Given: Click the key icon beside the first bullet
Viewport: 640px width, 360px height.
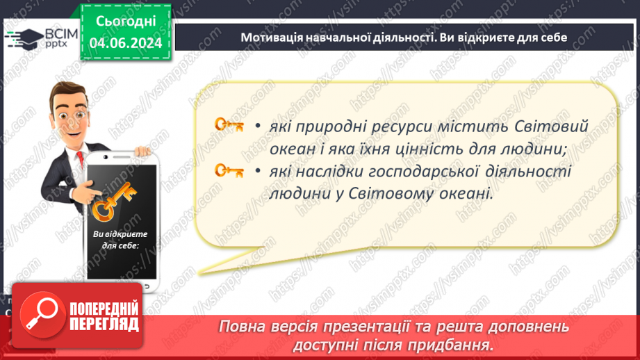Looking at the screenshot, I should [229, 125].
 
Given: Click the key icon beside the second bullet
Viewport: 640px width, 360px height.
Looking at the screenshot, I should [229, 170].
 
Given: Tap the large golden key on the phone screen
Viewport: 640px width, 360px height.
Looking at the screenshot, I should [115, 201].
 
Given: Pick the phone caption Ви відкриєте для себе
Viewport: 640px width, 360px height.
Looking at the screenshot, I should [115, 240].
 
